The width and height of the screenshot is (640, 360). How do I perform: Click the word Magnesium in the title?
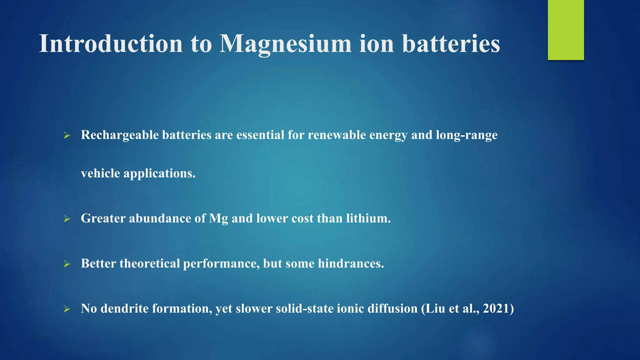(x=285, y=44)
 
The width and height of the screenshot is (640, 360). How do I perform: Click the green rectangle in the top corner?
(x=566, y=30)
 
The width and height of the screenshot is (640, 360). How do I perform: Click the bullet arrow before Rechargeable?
(x=67, y=136)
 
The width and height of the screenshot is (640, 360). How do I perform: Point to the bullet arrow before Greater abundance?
(x=67, y=219)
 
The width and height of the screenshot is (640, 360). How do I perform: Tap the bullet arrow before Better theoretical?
(x=67, y=264)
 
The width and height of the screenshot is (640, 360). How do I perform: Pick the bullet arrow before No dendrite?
(x=67, y=309)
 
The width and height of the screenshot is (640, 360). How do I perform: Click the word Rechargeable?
(x=120, y=135)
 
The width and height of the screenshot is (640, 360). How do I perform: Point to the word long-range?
(x=467, y=135)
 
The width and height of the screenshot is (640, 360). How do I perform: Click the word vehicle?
(x=100, y=173)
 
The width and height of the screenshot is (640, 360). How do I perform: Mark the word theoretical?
(x=150, y=263)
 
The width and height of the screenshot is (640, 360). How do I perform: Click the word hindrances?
(x=351, y=263)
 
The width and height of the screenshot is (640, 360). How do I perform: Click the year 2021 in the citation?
(x=496, y=308)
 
